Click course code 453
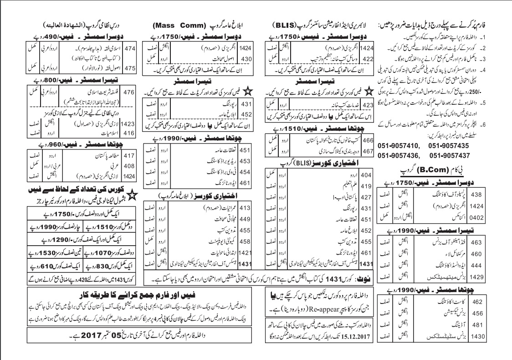point(246,161)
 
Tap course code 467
point(368,149)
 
